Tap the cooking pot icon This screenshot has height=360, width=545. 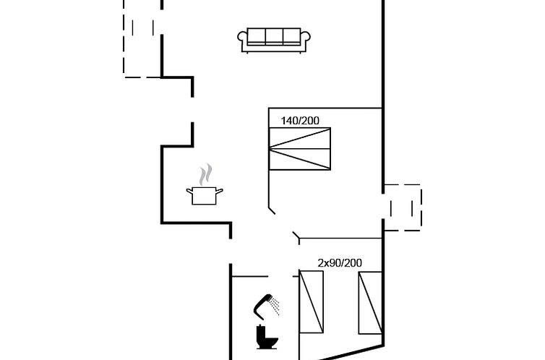point(205,195)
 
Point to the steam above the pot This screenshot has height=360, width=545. point(207,173)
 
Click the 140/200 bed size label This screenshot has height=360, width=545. point(300,121)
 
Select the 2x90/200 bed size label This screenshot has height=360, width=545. point(340,263)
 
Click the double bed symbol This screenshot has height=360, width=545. point(300,148)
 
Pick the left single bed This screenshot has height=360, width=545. point(312,301)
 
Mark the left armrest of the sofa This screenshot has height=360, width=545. point(244,40)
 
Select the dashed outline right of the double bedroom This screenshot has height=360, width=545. point(402,207)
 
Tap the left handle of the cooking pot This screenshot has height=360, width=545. point(189,190)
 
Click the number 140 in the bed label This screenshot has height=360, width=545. point(290,121)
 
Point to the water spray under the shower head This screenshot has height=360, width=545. point(275,307)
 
